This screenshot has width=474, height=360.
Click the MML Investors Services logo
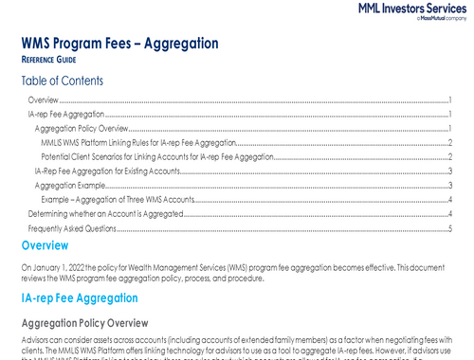(412, 13)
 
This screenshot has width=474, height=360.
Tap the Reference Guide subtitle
(51, 59)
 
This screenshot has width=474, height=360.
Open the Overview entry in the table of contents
(44, 99)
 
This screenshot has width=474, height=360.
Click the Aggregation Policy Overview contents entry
(81, 128)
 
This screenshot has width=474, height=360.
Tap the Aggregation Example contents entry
(70, 186)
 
